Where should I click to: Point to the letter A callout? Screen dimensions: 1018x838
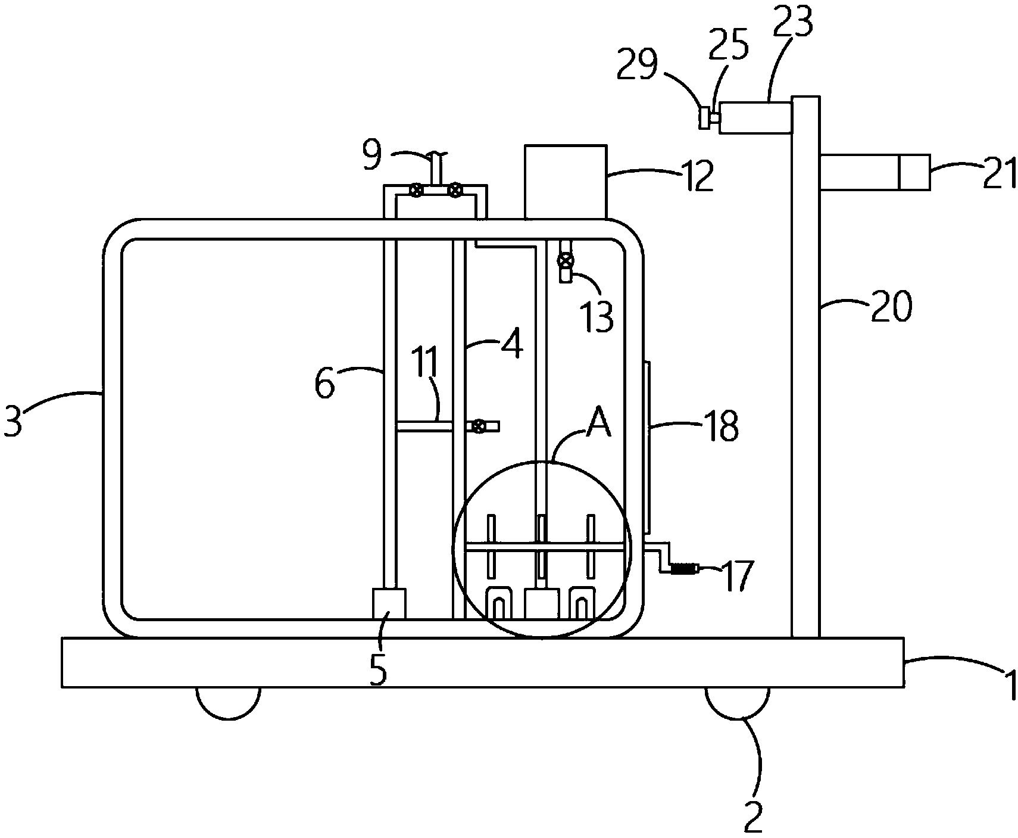(x=599, y=423)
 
